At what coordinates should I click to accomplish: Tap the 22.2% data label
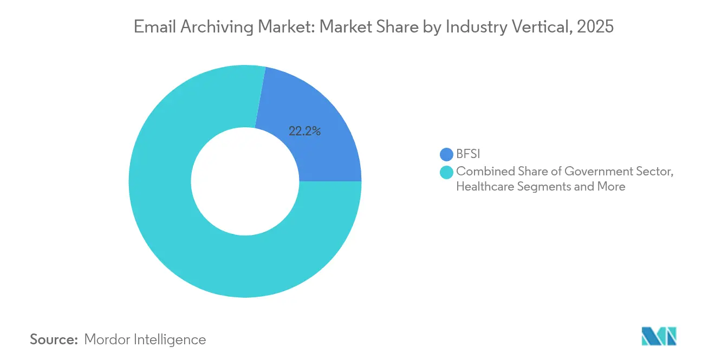[304, 131]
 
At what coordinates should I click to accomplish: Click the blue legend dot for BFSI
[446, 154]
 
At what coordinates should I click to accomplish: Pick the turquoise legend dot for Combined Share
[446, 173]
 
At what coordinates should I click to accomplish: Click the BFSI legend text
[468, 154]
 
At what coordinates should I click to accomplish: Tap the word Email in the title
[151, 27]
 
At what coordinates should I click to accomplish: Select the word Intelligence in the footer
[170, 339]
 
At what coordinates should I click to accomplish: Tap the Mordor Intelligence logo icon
[659, 336]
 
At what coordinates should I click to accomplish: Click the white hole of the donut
[245, 181]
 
